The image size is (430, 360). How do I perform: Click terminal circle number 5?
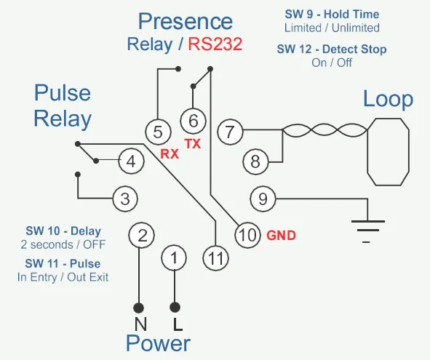[x=158, y=132]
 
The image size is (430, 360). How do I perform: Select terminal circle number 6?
[x=193, y=121]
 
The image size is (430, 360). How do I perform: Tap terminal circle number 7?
[x=230, y=132]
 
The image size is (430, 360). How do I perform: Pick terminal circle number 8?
[x=255, y=161]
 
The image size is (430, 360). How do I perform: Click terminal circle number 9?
[x=263, y=199]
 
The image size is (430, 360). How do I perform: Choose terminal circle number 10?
[x=247, y=235]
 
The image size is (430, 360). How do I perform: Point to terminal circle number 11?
[x=216, y=257]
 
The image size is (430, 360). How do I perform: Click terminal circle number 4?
[x=131, y=161]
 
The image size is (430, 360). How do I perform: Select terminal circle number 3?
[x=125, y=199]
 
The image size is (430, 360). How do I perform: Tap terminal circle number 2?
[x=142, y=235]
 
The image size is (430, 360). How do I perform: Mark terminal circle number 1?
[x=174, y=257]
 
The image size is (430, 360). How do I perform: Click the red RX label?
[x=170, y=153]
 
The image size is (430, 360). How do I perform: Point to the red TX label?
[x=193, y=144]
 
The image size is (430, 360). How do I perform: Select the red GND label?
[x=282, y=236]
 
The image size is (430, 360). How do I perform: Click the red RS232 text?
[x=215, y=44]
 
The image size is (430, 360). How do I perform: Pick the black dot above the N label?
[x=139, y=308]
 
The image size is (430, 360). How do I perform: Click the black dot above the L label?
[x=175, y=308]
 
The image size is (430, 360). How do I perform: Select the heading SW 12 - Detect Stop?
[x=332, y=49]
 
